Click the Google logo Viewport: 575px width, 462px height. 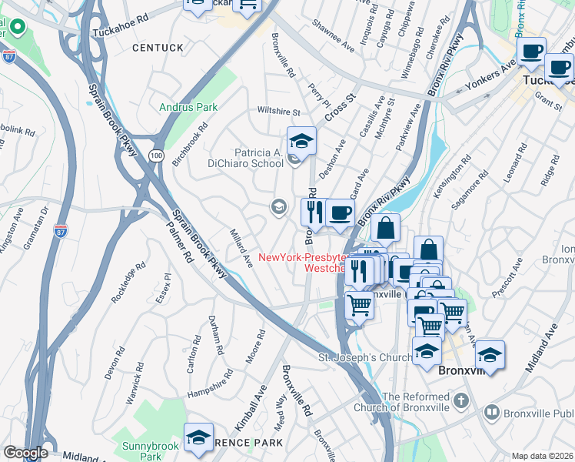click(x=25, y=453)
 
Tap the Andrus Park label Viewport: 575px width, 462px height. click(x=188, y=108)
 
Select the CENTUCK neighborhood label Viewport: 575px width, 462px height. click(x=158, y=48)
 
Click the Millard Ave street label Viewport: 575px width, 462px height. click(x=241, y=247)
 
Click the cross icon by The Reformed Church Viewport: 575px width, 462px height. click(x=460, y=400)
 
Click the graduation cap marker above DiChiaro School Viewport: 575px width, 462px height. click(x=301, y=141)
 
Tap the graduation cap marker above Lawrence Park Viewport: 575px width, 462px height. click(x=198, y=437)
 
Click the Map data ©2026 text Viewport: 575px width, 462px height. click(x=542, y=456)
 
